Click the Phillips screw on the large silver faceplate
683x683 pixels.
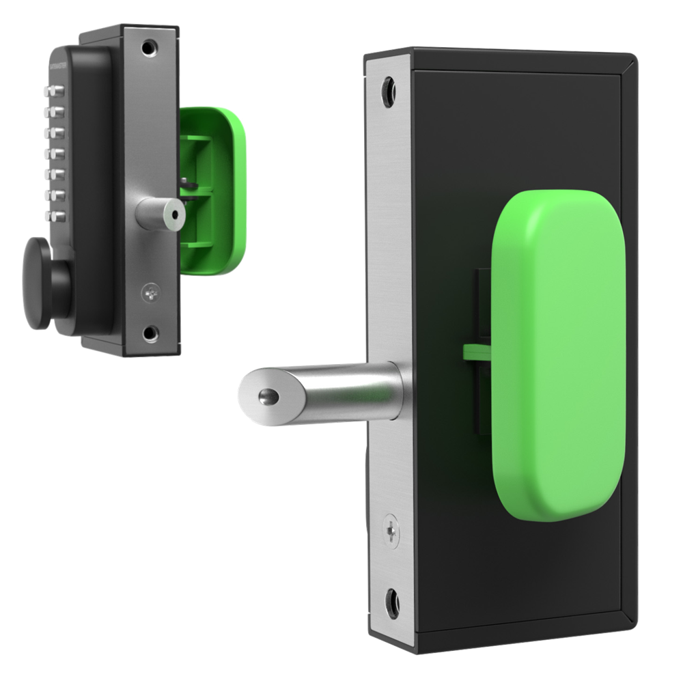tap(391, 529)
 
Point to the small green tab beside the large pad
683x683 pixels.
tap(477, 352)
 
